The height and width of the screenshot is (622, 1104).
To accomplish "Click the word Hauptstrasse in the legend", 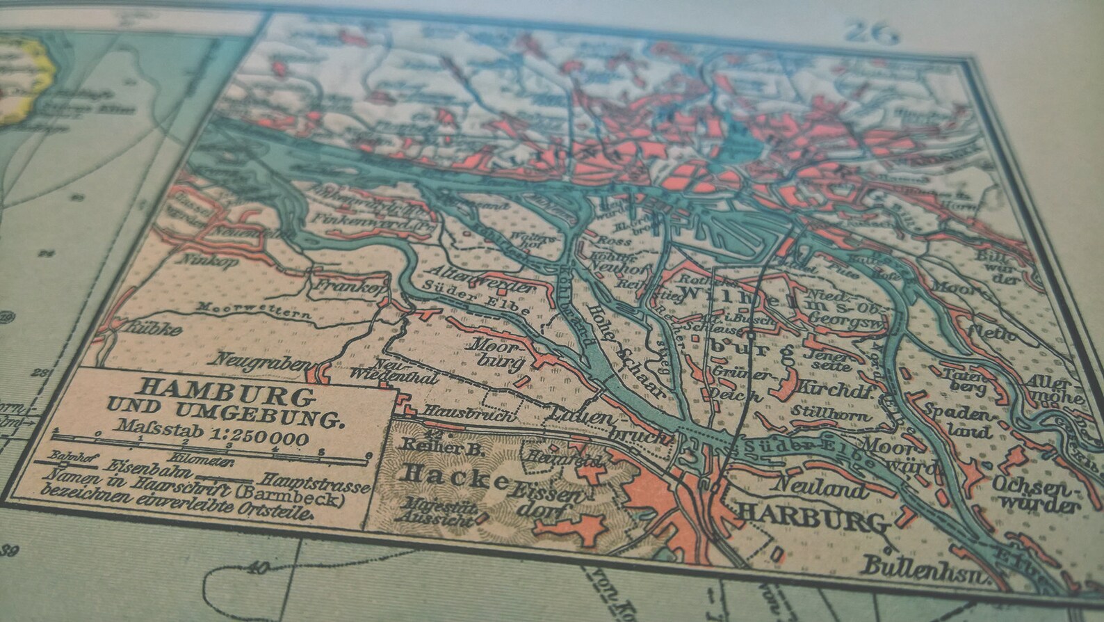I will pyautogui.click(x=313, y=482).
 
